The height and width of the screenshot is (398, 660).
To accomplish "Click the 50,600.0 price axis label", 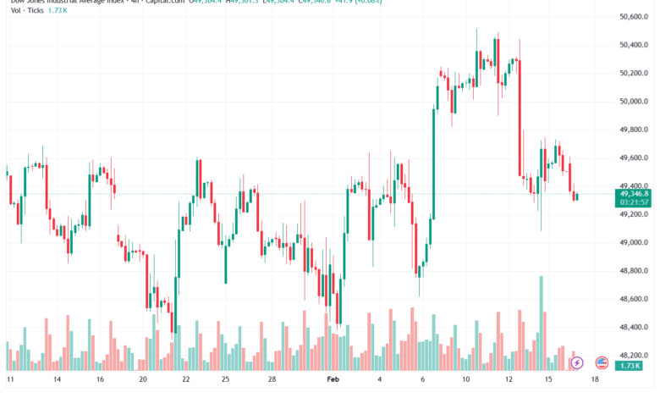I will (x=633, y=17).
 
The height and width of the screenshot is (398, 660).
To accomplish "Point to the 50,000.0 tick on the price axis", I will (x=633, y=102).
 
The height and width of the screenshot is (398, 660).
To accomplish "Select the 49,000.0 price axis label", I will (x=633, y=242).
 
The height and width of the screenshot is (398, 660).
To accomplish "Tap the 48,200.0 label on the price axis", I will (x=633, y=355).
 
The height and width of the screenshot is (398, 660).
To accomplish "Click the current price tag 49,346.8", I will (x=633, y=194).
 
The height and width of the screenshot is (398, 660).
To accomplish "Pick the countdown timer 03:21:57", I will (x=633, y=202).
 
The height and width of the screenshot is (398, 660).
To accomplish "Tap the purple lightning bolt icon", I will (x=577, y=362).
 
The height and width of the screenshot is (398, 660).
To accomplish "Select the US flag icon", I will (x=602, y=362).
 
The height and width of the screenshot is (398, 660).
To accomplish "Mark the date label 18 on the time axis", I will (x=595, y=381).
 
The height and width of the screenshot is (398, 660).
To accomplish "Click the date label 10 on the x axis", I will (x=465, y=381).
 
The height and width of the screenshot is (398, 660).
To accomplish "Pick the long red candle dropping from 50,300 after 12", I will (x=520, y=119).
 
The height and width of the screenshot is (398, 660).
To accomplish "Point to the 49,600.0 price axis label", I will (x=633, y=158).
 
